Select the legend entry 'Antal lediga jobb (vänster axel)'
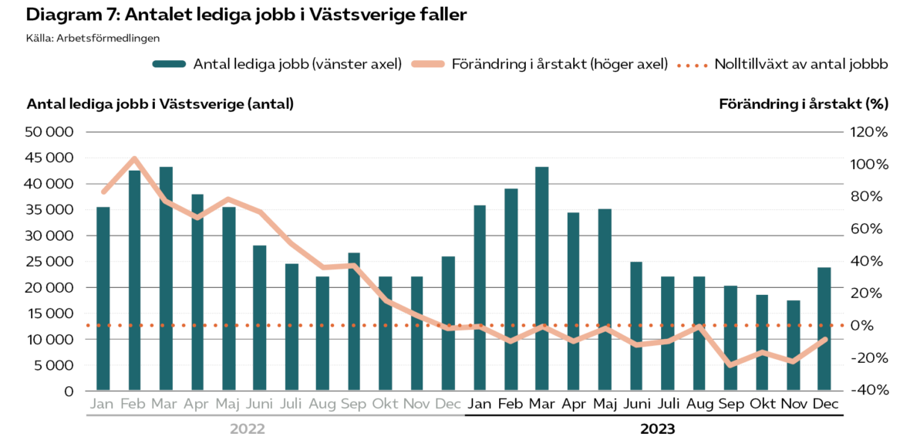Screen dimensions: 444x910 click(x=278, y=65)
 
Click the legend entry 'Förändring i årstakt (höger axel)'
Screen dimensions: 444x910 click(x=540, y=65)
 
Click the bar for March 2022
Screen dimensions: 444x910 click(x=166, y=278)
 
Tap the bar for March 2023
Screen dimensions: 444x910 click(x=542, y=278)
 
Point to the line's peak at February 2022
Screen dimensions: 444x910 click(x=134, y=159)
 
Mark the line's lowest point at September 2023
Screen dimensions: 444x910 click(x=730, y=364)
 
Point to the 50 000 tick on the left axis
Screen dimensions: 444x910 click(x=50, y=132)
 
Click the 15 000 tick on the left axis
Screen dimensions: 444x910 click(x=50, y=314)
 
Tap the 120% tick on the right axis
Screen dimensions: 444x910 click(x=871, y=132)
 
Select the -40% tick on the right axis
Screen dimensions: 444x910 click(x=871, y=391)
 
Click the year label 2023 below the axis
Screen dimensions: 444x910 click(x=657, y=429)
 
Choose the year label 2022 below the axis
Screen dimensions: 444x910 click(x=248, y=429)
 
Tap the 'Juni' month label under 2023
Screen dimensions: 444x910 click(x=636, y=404)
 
